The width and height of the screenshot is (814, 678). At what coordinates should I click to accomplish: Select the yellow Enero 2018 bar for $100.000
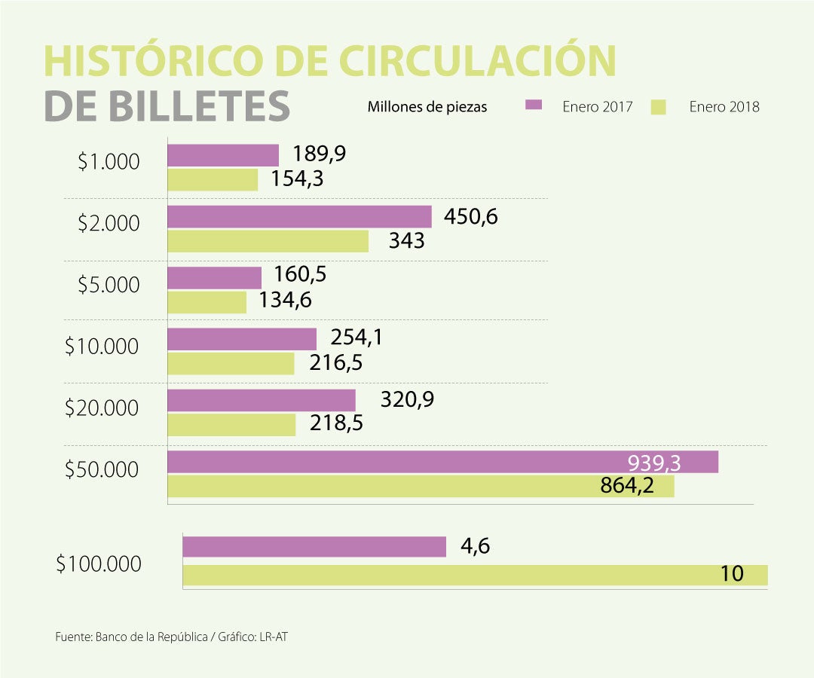point(475,575)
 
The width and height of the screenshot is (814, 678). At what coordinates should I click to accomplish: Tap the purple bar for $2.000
point(299,216)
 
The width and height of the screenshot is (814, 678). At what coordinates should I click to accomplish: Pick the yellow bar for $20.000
point(231,424)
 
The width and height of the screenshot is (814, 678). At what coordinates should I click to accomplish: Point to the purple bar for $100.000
point(314,546)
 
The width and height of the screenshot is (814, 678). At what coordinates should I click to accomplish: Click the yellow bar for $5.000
point(207,301)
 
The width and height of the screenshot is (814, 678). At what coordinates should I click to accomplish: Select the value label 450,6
point(471,217)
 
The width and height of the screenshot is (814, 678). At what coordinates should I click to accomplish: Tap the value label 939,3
point(654,463)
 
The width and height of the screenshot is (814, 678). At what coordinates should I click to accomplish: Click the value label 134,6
point(285,300)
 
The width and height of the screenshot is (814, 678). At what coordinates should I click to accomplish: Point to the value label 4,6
point(475,545)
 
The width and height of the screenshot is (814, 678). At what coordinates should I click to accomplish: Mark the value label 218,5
point(336,423)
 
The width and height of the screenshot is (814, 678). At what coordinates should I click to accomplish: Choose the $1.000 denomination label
point(109,161)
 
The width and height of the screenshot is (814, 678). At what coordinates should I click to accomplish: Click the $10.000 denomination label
point(102,347)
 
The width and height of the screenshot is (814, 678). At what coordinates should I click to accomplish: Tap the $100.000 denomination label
point(99,563)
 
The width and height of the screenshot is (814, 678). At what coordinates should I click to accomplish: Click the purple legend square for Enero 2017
point(534,105)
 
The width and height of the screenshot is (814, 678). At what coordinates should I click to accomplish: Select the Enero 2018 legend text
point(724,107)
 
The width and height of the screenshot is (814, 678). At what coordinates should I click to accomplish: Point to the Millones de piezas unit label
point(427,107)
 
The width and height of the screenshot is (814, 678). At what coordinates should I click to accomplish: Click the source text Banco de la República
point(151,637)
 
